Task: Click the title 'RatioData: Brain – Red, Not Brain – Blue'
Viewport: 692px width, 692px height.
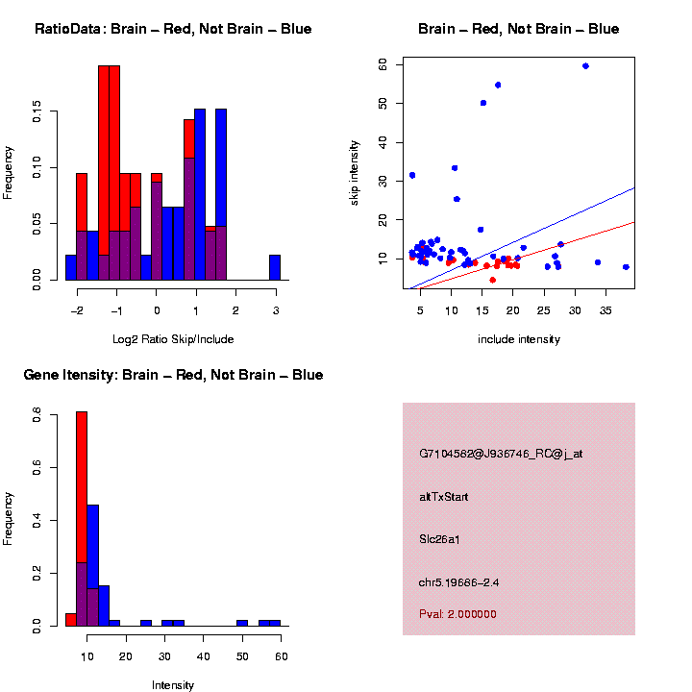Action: (x=173, y=30)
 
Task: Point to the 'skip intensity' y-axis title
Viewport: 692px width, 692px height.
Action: (x=355, y=172)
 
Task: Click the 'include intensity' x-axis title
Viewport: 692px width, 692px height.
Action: (x=518, y=339)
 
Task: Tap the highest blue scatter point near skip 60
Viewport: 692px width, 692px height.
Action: (x=585, y=66)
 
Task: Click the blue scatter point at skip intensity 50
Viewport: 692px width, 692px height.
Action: (x=483, y=103)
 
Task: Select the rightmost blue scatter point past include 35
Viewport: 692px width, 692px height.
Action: (x=626, y=267)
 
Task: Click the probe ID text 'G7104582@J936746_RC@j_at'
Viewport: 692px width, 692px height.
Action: (x=501, y=454)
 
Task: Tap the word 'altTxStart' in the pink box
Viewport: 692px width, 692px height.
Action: (x=443, y=497)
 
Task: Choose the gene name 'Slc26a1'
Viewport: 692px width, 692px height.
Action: (x=439, y=539)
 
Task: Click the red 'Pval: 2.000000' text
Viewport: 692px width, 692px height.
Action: (x=457, y=614)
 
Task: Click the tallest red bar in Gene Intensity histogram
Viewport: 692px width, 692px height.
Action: (x=82, y=519)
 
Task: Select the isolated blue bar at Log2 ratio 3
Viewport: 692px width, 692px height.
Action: (x=275, y=267)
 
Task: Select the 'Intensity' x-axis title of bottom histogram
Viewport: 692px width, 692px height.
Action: (x=173, y=685)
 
